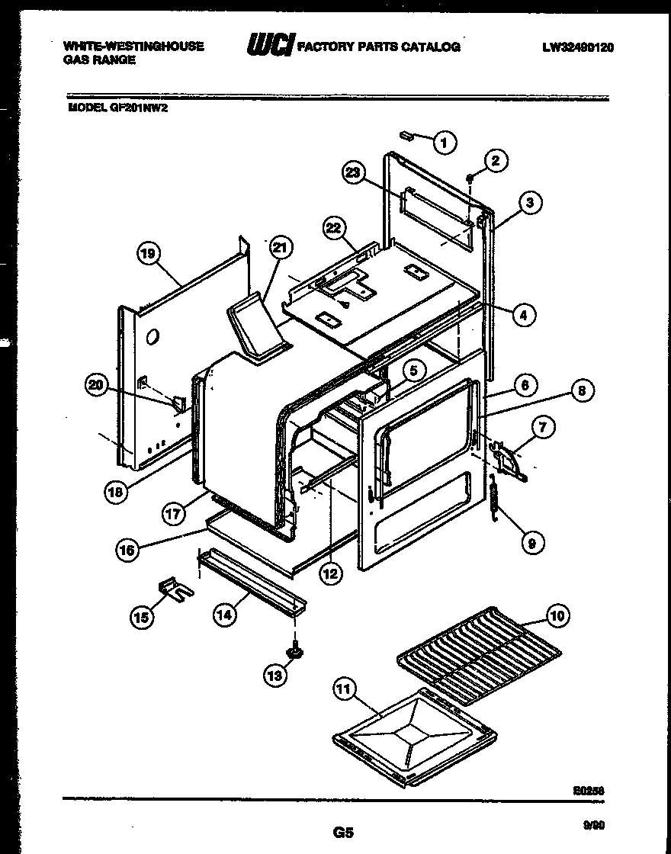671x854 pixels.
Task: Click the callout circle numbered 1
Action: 445,141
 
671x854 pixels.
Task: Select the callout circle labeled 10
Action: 557,615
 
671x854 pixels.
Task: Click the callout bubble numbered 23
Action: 353,174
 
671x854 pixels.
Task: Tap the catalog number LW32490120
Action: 578,47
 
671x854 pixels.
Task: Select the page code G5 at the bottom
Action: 342,833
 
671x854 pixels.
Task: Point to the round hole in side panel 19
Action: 152,335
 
